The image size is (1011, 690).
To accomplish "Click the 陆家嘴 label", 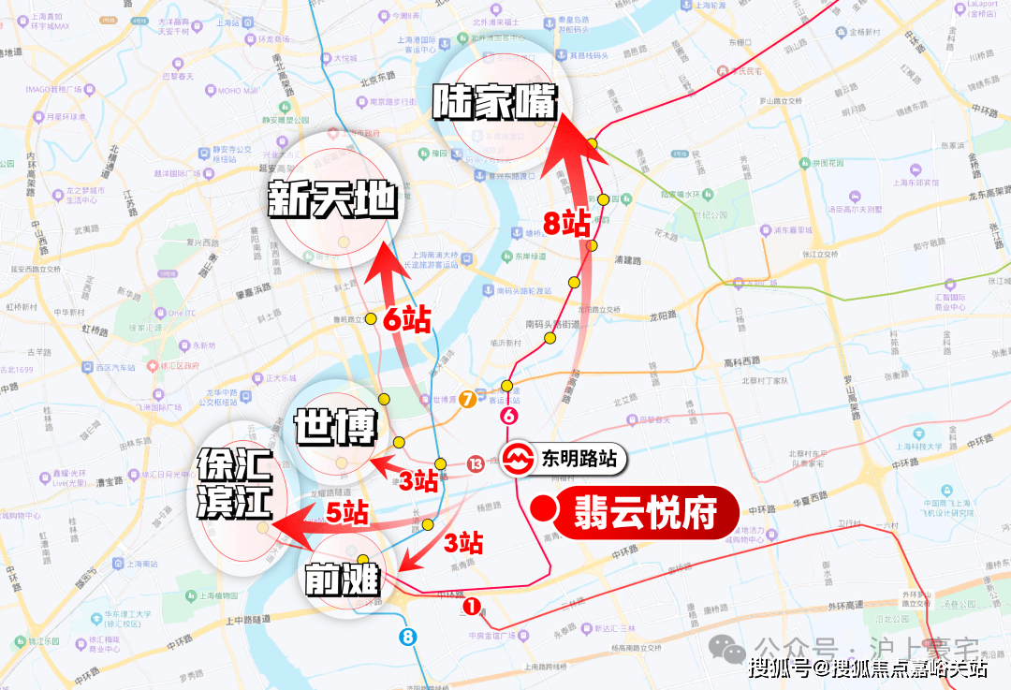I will [495, 102].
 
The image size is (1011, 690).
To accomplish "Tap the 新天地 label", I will [333, 199].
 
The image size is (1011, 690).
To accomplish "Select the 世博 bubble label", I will [334, 429].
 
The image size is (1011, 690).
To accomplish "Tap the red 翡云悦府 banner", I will [649, 512].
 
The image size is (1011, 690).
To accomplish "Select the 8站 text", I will [567, 224].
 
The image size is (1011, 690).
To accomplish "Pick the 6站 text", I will [406, 320].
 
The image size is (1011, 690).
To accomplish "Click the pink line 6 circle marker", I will [509, 417].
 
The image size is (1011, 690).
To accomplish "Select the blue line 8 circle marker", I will [407, 637].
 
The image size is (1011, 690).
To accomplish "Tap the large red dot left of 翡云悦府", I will [540, 510].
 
